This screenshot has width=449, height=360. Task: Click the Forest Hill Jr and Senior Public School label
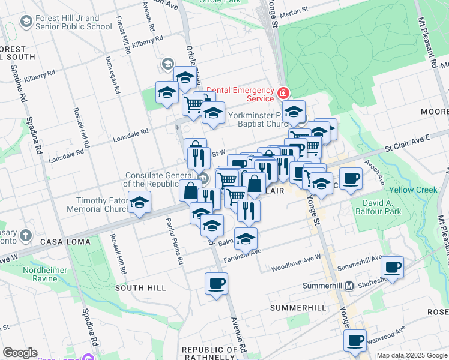point(73,22)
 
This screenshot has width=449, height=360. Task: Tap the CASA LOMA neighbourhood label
point(65,242)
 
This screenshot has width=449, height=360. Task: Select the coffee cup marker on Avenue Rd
point(216,283)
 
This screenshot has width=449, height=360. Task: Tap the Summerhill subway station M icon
point(348,286)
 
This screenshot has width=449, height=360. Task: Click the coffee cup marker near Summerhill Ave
point(392,267)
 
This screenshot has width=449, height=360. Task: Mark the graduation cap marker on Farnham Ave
point(246,239)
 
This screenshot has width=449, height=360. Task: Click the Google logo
point(20,353)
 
